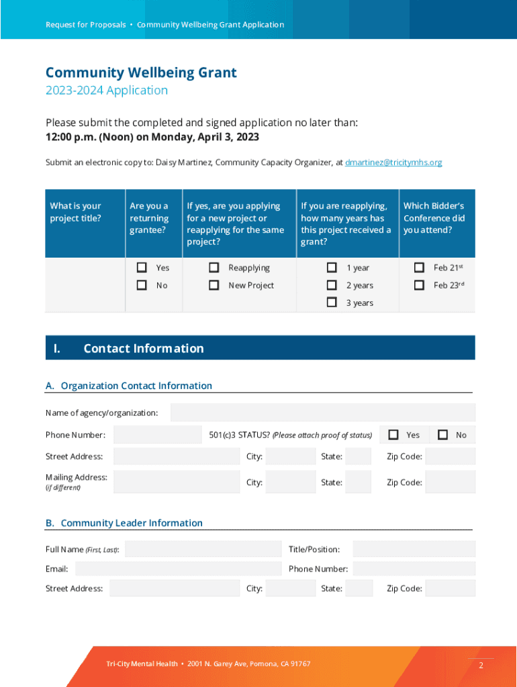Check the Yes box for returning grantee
pyautogui.click(x=142, y=268)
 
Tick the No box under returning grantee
pyautogui.click(x=142, y=285)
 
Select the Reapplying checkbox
pyautogui.click(x=214, y=268)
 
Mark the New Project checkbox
pyautogui.click(x=214, y=285)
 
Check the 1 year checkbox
pyautogui.click(x=332, y=268)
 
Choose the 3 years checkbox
pyautogui.click(x=332, y=303)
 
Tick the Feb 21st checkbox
pyautogui.click(x=419, y=268)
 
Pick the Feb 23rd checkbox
pyautogui.click(x=419, y=285)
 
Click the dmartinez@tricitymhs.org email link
pyautogui.click(x=393, y=162)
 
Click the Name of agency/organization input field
pyautogui.click(x=322, y=413)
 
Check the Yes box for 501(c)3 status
pyautogui.click(x=393, y=435)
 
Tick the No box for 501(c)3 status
pyautogui.click(x=443, y=435)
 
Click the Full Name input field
pyautogui.click(x=203, y=549)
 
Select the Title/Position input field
pyautogui.click(x=414, y=549)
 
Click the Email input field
pyautogui.click(x=178, y=569)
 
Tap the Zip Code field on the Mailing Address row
pyautogui.click(x=450, y=482)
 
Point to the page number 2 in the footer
pyautogui.click(x=481, y=666)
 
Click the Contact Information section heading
pyautogui.click(x=143, y=348)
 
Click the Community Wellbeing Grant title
pyautogui.click(x=141, y=72)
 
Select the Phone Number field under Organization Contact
pyautogui.click(x=157, y=435)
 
